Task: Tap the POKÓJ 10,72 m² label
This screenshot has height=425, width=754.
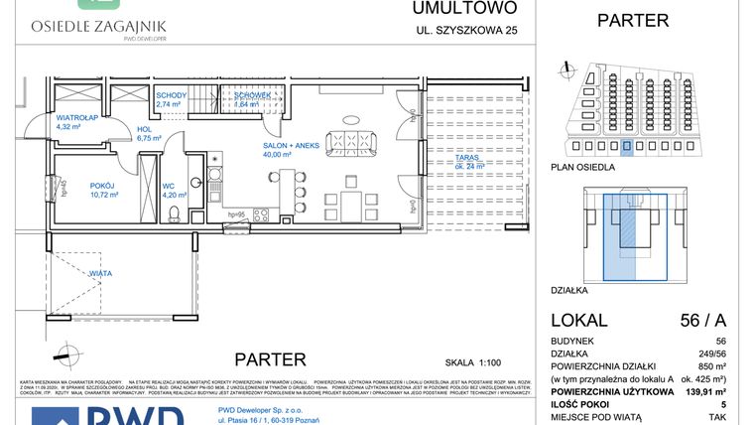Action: [102, 189]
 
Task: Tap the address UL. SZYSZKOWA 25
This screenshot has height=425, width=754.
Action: [466, 30]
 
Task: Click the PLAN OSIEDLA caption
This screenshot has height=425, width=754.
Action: [581, 168]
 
